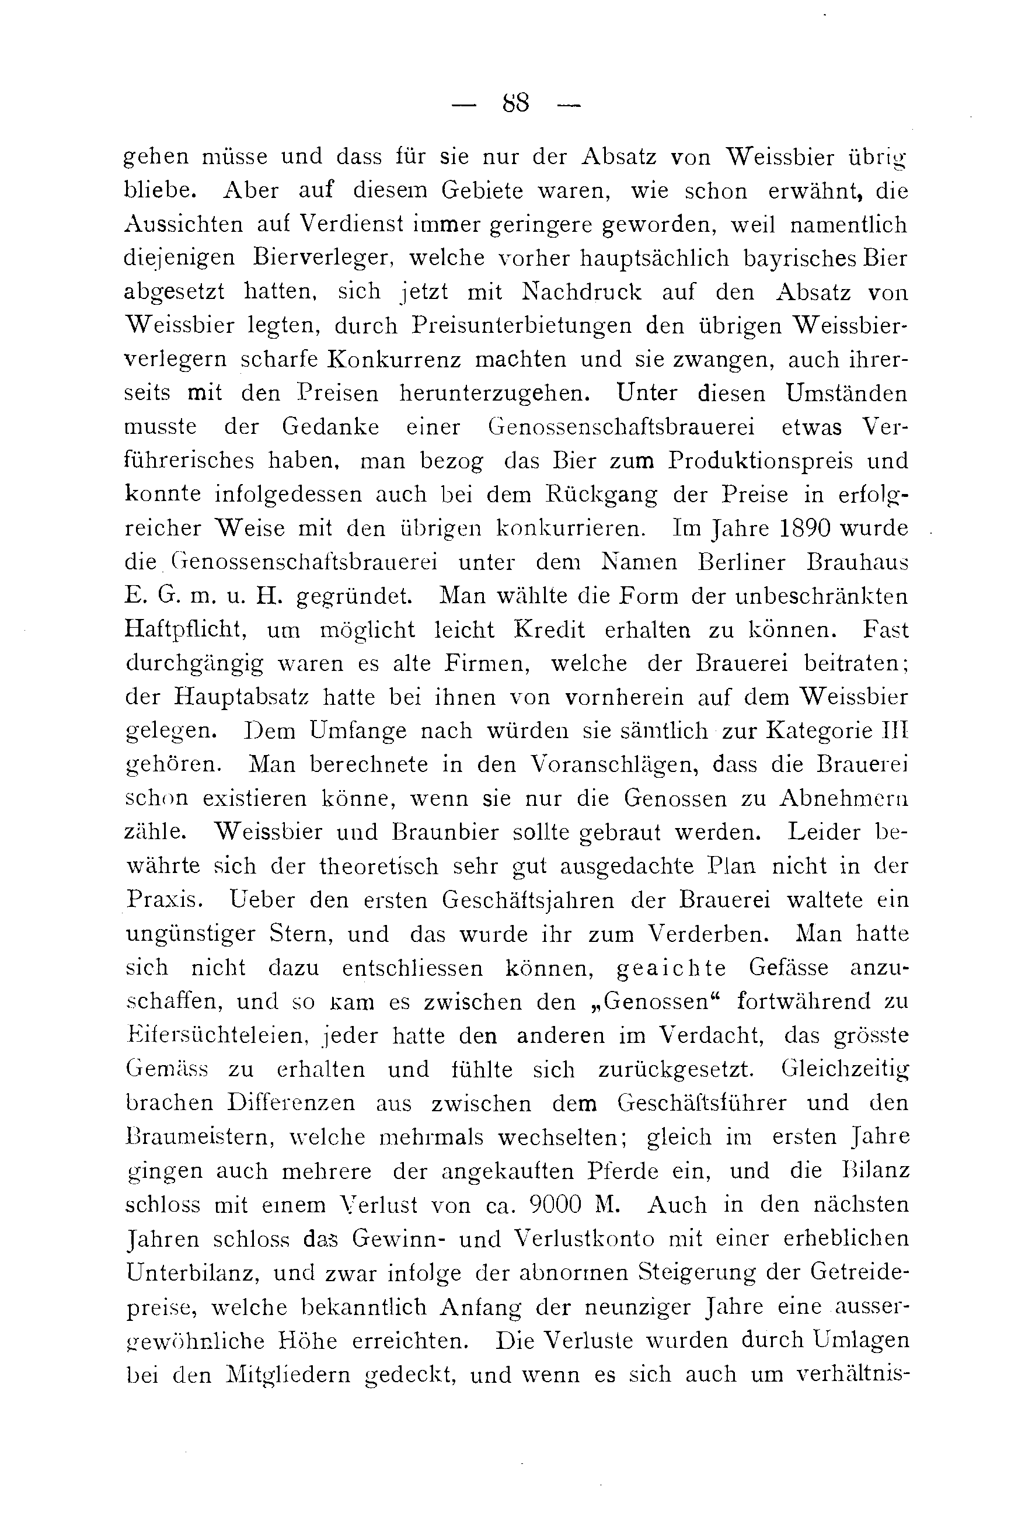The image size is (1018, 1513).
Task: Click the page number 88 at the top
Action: pos(515,103)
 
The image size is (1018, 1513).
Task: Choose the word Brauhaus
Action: pos(857,562)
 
